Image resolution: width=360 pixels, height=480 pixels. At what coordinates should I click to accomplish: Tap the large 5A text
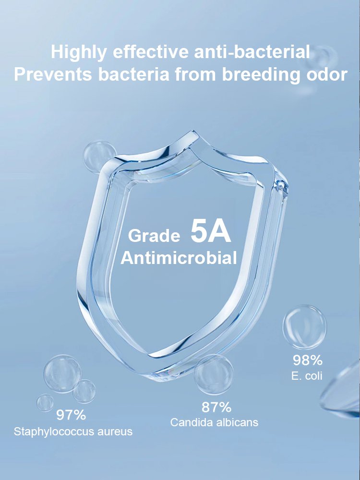(211, 232)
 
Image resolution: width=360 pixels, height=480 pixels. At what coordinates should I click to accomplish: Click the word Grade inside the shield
(154, 236)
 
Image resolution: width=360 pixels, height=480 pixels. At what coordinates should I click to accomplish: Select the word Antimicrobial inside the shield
(179, 258)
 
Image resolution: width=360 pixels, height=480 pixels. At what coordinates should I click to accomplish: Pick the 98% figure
(308, 360)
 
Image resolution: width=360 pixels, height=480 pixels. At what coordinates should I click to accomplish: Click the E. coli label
(307, 376)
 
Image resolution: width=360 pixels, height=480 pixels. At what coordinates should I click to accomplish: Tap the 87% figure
(216, 408)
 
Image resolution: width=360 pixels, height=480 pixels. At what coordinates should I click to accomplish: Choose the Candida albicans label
(215, 422)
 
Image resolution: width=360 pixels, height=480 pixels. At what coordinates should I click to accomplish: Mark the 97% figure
(71, 414)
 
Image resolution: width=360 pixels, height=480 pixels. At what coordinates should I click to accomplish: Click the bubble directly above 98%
(304, 327)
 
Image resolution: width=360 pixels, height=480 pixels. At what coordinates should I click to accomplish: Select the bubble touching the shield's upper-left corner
(100, 156)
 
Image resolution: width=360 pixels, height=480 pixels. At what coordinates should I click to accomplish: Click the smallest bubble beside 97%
(45, 402)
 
